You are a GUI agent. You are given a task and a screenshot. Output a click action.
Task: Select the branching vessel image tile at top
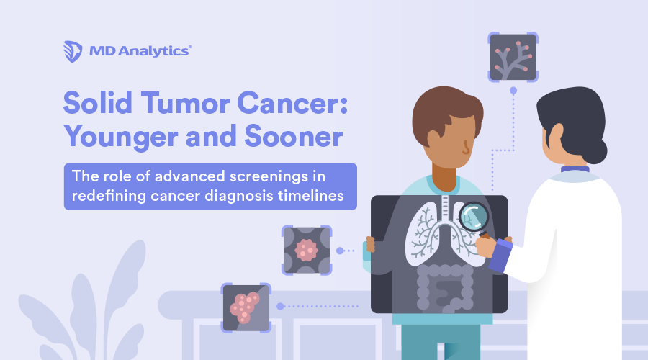[x=513, y=56]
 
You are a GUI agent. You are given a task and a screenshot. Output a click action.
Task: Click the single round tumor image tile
[x=307, y=250]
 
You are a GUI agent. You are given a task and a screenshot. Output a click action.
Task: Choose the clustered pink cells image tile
[x=246, y=307]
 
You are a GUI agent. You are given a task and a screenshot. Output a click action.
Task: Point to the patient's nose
[x=469, y=148]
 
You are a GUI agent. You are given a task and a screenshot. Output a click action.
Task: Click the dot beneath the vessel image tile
[x=513, y=91]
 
